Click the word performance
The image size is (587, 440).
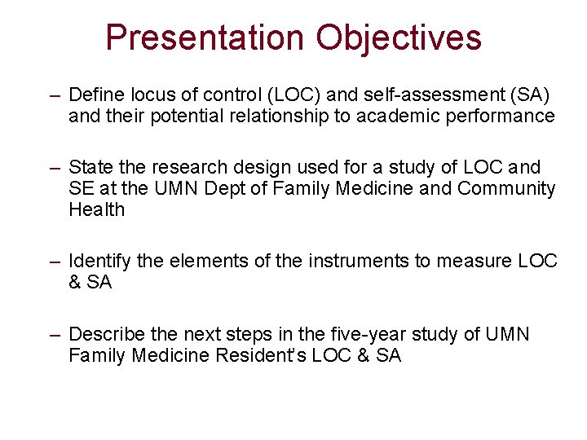click(500, 116)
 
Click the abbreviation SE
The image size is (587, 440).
click(82, 189)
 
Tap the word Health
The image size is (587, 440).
click(96, 209)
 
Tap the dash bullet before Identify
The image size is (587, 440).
click(55, 262)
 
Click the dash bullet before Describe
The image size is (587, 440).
click(55, 335)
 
